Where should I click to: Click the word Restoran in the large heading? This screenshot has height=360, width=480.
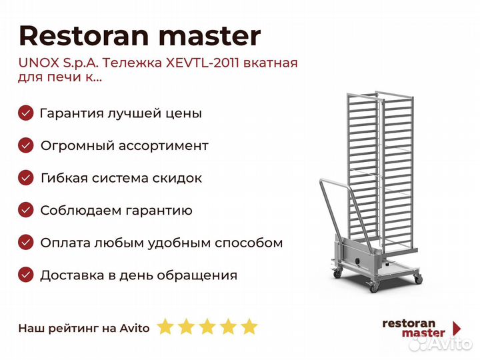click(x=84, y=36)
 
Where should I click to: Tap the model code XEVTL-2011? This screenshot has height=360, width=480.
click(x=202, y=63)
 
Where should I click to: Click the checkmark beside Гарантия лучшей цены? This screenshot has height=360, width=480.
click(x=26, y=113)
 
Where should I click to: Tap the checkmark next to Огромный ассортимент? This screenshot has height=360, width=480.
click(x=26, y=145)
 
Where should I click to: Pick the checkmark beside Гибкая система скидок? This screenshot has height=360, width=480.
click(x=26, y=178)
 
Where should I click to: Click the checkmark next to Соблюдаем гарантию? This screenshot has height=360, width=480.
click(x=26, y=210)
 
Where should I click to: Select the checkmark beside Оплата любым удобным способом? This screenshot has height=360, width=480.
click(x=26, y=243)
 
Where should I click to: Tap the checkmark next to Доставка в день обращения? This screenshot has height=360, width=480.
click(x=26, y=275)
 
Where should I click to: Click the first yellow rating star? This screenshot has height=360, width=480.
click(x=165, y=327)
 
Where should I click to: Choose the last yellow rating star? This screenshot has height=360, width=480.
click(x=249, y=327)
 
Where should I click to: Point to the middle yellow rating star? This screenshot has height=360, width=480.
click(x=207, y=327)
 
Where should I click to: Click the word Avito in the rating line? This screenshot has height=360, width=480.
click(x=135, y=329)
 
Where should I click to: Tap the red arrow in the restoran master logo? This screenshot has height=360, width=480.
click(x=457, y=329)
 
